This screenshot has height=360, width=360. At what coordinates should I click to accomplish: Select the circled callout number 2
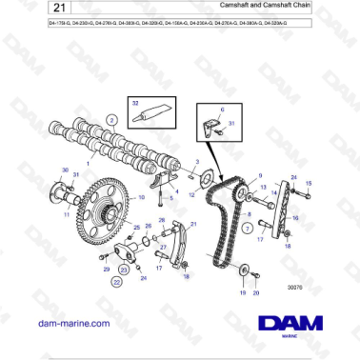click(111, 120)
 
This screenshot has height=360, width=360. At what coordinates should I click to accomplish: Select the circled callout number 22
click(117, 282)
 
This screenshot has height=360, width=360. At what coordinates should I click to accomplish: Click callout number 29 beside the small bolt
click(105, 270)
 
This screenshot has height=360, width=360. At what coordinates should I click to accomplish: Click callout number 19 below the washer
click(243, 294)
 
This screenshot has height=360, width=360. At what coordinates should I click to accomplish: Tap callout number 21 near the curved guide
click(194, 224)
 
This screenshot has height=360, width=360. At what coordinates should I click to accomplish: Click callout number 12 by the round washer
click(193, 194)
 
